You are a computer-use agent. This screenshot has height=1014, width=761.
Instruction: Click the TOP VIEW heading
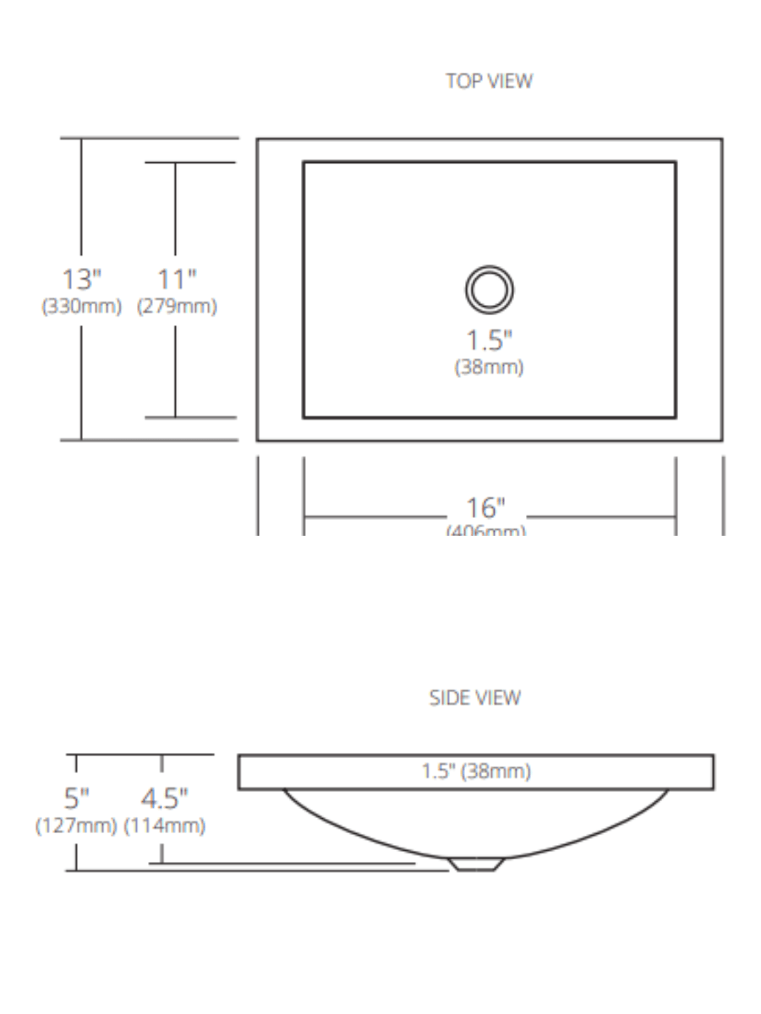(x=490, y=81)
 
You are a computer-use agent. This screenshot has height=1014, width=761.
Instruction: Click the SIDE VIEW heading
(x=475, y=698)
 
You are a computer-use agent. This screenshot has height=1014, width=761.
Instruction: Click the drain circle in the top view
(x=489, y=289)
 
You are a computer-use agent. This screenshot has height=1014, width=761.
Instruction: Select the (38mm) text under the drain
(x=489, y=368)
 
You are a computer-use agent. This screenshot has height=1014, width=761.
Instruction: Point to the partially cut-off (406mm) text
(x=486, y=531)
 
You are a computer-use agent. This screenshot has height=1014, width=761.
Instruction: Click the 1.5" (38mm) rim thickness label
(x=476, y=772)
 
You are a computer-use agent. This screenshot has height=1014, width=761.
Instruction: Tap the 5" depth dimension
(x=77, y=797)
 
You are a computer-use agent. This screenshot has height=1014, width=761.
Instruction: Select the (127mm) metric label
(x=75, y=826)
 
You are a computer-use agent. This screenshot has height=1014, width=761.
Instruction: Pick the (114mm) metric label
(x=164, y=826)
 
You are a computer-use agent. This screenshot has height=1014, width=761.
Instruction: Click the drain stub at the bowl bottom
(x=476, y=864)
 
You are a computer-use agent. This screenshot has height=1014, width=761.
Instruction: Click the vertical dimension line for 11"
(x=176, y=211)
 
